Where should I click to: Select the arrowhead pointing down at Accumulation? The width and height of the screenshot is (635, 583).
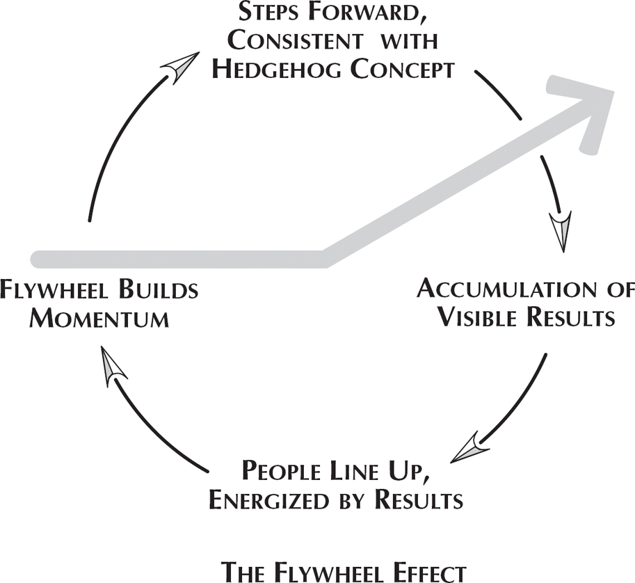(x=560, y=232)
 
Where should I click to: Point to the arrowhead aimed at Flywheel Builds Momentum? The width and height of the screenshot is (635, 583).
(x=113, y=367)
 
